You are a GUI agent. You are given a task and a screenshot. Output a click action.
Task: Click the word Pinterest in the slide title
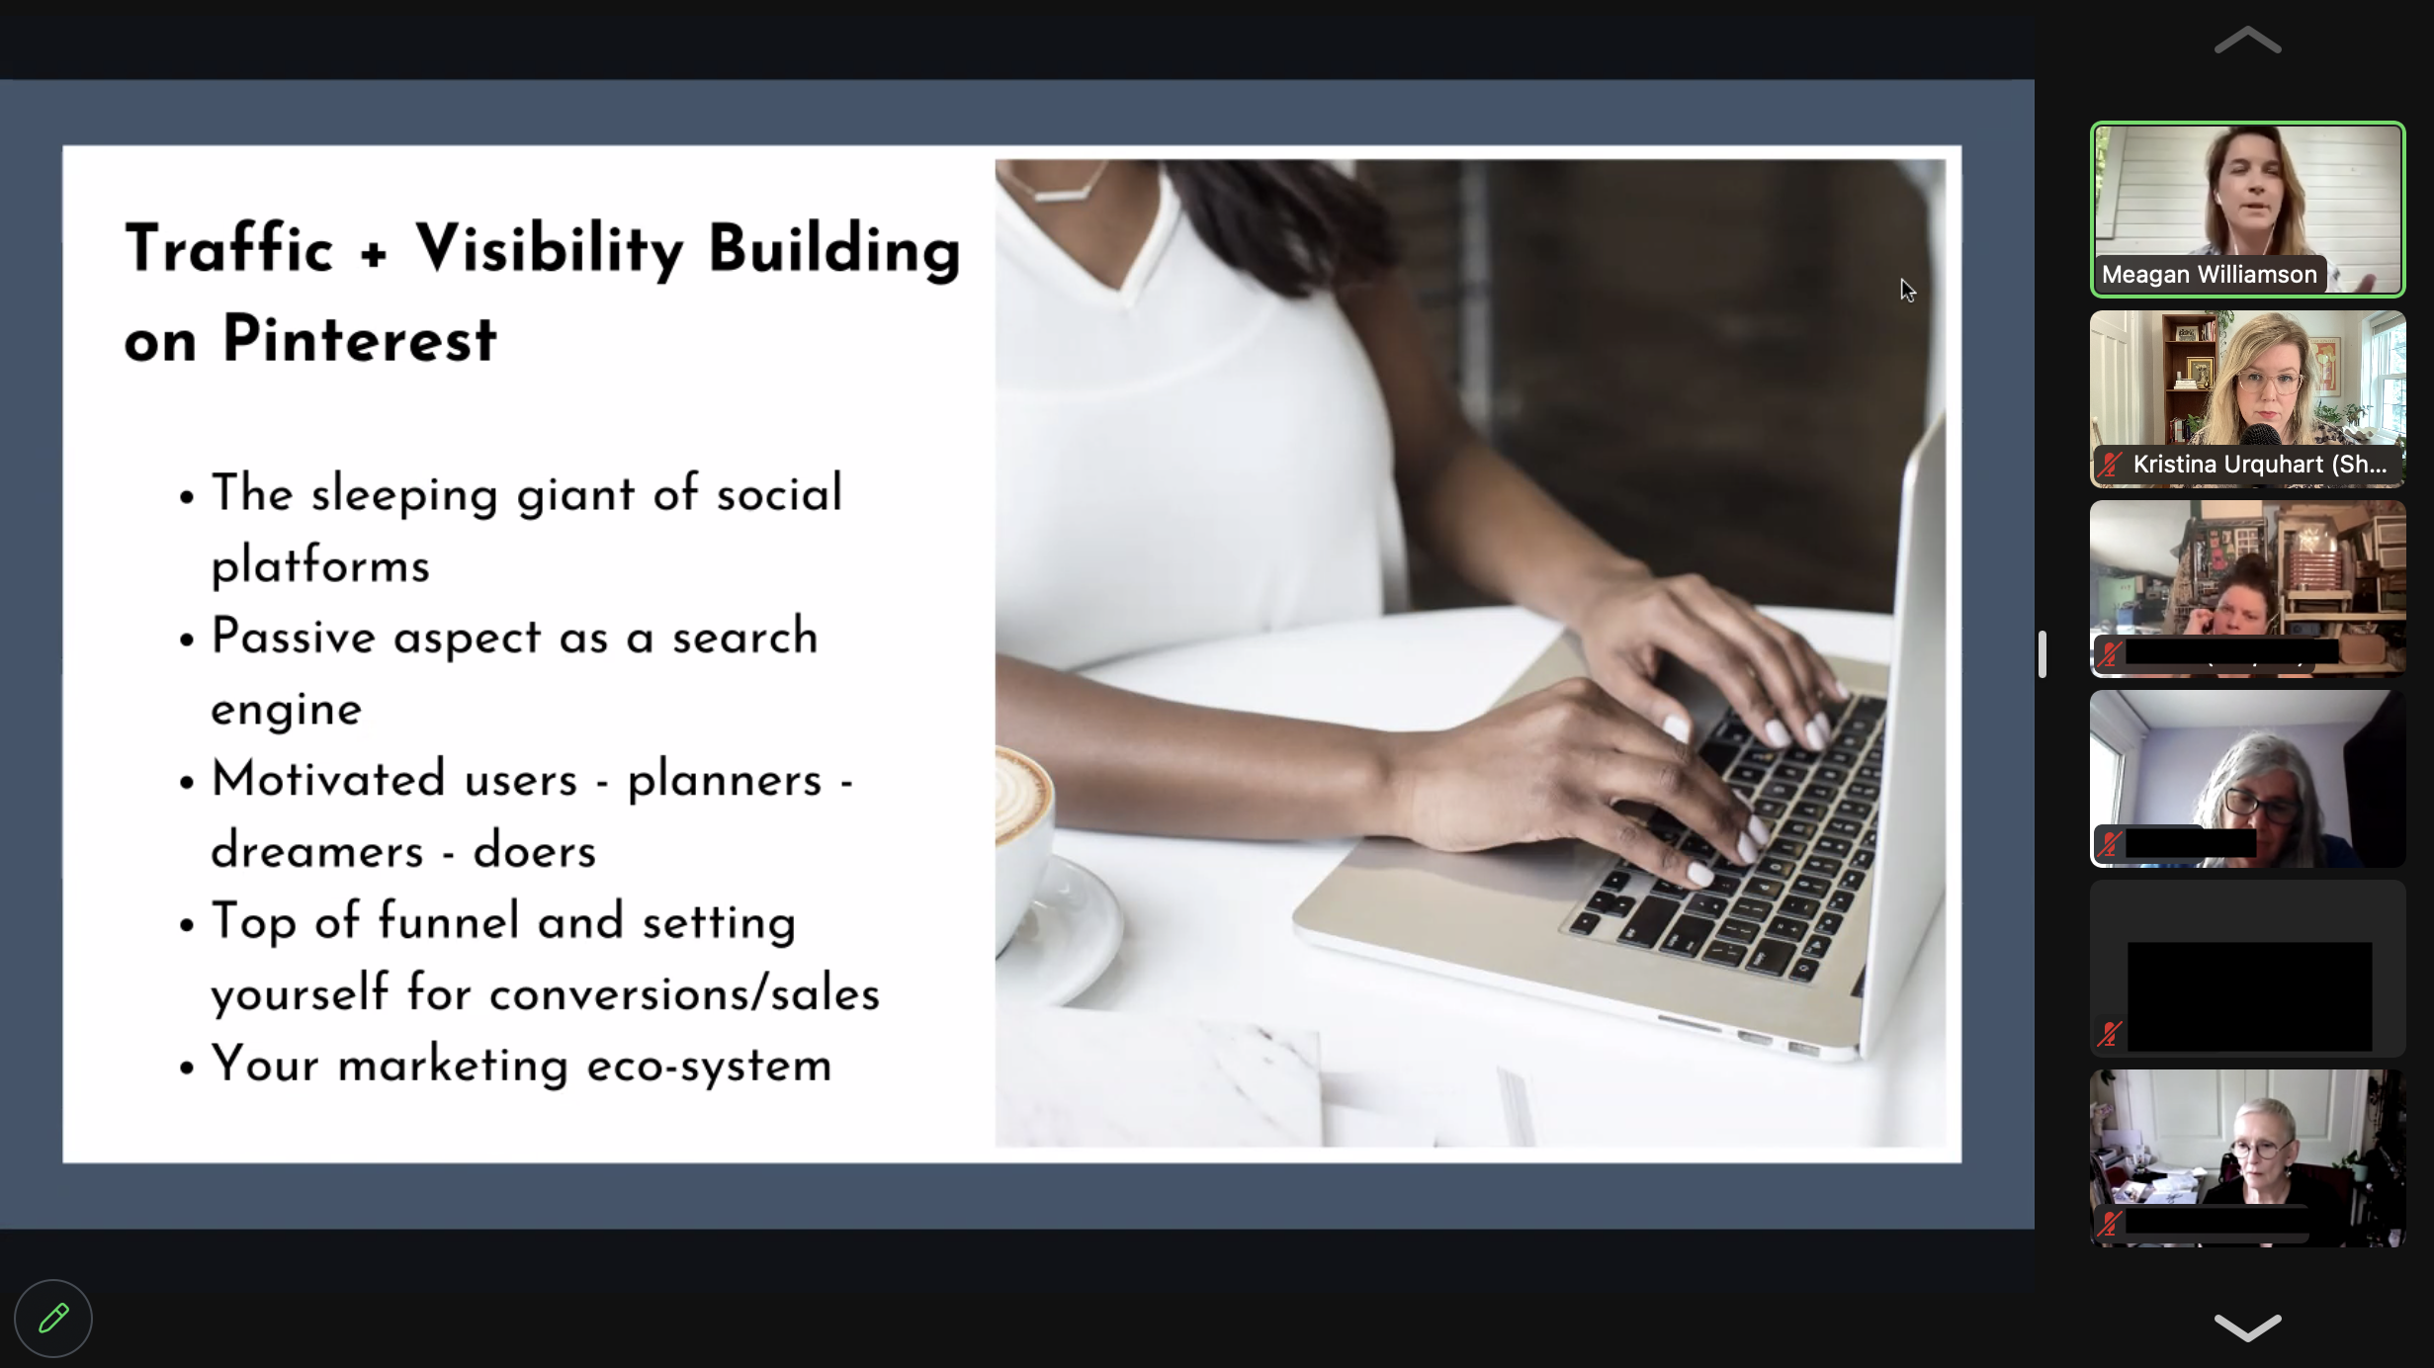[x=359, y=339]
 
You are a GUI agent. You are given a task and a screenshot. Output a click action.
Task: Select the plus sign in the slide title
[x=374, y=253]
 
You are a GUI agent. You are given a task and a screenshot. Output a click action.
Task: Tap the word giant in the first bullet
[x=575, y=494]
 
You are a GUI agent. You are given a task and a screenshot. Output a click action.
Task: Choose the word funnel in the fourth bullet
[x=449, y=920]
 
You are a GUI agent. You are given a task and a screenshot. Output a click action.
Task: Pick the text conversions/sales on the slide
[x=684, y=992]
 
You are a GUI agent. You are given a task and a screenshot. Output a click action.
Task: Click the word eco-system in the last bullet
[x=709, y=1065]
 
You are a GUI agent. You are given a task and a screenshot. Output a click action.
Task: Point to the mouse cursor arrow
[x=1907, y=291]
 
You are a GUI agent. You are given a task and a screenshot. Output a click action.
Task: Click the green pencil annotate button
[x=53, y=1318]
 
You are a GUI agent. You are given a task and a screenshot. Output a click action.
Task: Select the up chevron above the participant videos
[x=2247, y=41]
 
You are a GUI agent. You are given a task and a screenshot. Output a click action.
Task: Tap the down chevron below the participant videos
[x=2247, y=1326]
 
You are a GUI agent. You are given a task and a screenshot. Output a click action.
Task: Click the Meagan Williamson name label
[x=2209, y=275]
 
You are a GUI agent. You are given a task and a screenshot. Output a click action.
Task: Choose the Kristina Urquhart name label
[x=2259, y=465]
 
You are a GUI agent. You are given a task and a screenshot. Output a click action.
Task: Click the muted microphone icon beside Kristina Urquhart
[x=2111, y=465]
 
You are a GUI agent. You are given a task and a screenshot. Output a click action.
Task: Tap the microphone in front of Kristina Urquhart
[x=2262, y=435]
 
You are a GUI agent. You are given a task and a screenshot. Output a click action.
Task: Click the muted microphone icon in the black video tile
[x=2110, y=1034]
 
